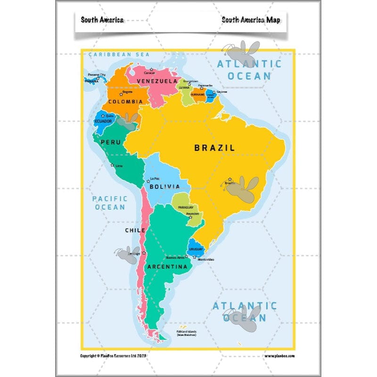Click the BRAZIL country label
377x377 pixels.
point(214,148)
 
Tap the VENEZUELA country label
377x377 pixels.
point(156,81)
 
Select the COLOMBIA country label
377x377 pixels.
point(125,101)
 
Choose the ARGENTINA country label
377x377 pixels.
point(167,267)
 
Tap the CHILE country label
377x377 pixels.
point(135,230)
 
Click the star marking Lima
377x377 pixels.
point(112,165)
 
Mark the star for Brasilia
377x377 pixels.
point(229,179)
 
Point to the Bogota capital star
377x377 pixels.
point(121,95)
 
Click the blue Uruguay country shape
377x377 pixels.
point(195,247)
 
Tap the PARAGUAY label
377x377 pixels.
point(186,208)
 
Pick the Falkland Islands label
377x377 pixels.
point(186,332)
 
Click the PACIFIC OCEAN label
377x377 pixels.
point(110,203)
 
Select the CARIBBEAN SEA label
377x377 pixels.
point(119,55)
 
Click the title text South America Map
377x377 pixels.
point(251,20)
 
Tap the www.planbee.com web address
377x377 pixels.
point(280,356)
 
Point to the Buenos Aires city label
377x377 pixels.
point(175,258)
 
